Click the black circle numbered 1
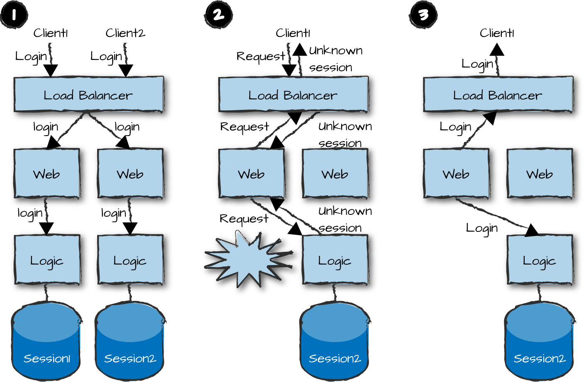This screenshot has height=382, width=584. click(14, 15)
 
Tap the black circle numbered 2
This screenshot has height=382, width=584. click(218, 15)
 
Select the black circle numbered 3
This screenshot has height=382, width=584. click(423, 15)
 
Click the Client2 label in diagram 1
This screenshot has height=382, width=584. click(125, 33)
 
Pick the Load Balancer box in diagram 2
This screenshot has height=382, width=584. click(293, 95)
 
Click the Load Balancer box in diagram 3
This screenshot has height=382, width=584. click(498, 95)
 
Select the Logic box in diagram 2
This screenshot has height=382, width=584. click(335, 260)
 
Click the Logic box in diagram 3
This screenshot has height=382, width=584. click(539, 260)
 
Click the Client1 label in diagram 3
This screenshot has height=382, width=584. click(497, 33)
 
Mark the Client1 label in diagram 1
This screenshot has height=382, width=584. click(50, 33)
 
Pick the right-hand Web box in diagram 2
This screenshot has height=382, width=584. click(335, 173)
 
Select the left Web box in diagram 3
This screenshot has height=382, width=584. click(456, 173)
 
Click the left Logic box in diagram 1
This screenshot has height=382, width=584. click(47, 260)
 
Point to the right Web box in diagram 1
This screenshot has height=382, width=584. click(130, 173)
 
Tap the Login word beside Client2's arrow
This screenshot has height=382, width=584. click(106, 56)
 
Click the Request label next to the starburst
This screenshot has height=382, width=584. click(244, 219)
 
